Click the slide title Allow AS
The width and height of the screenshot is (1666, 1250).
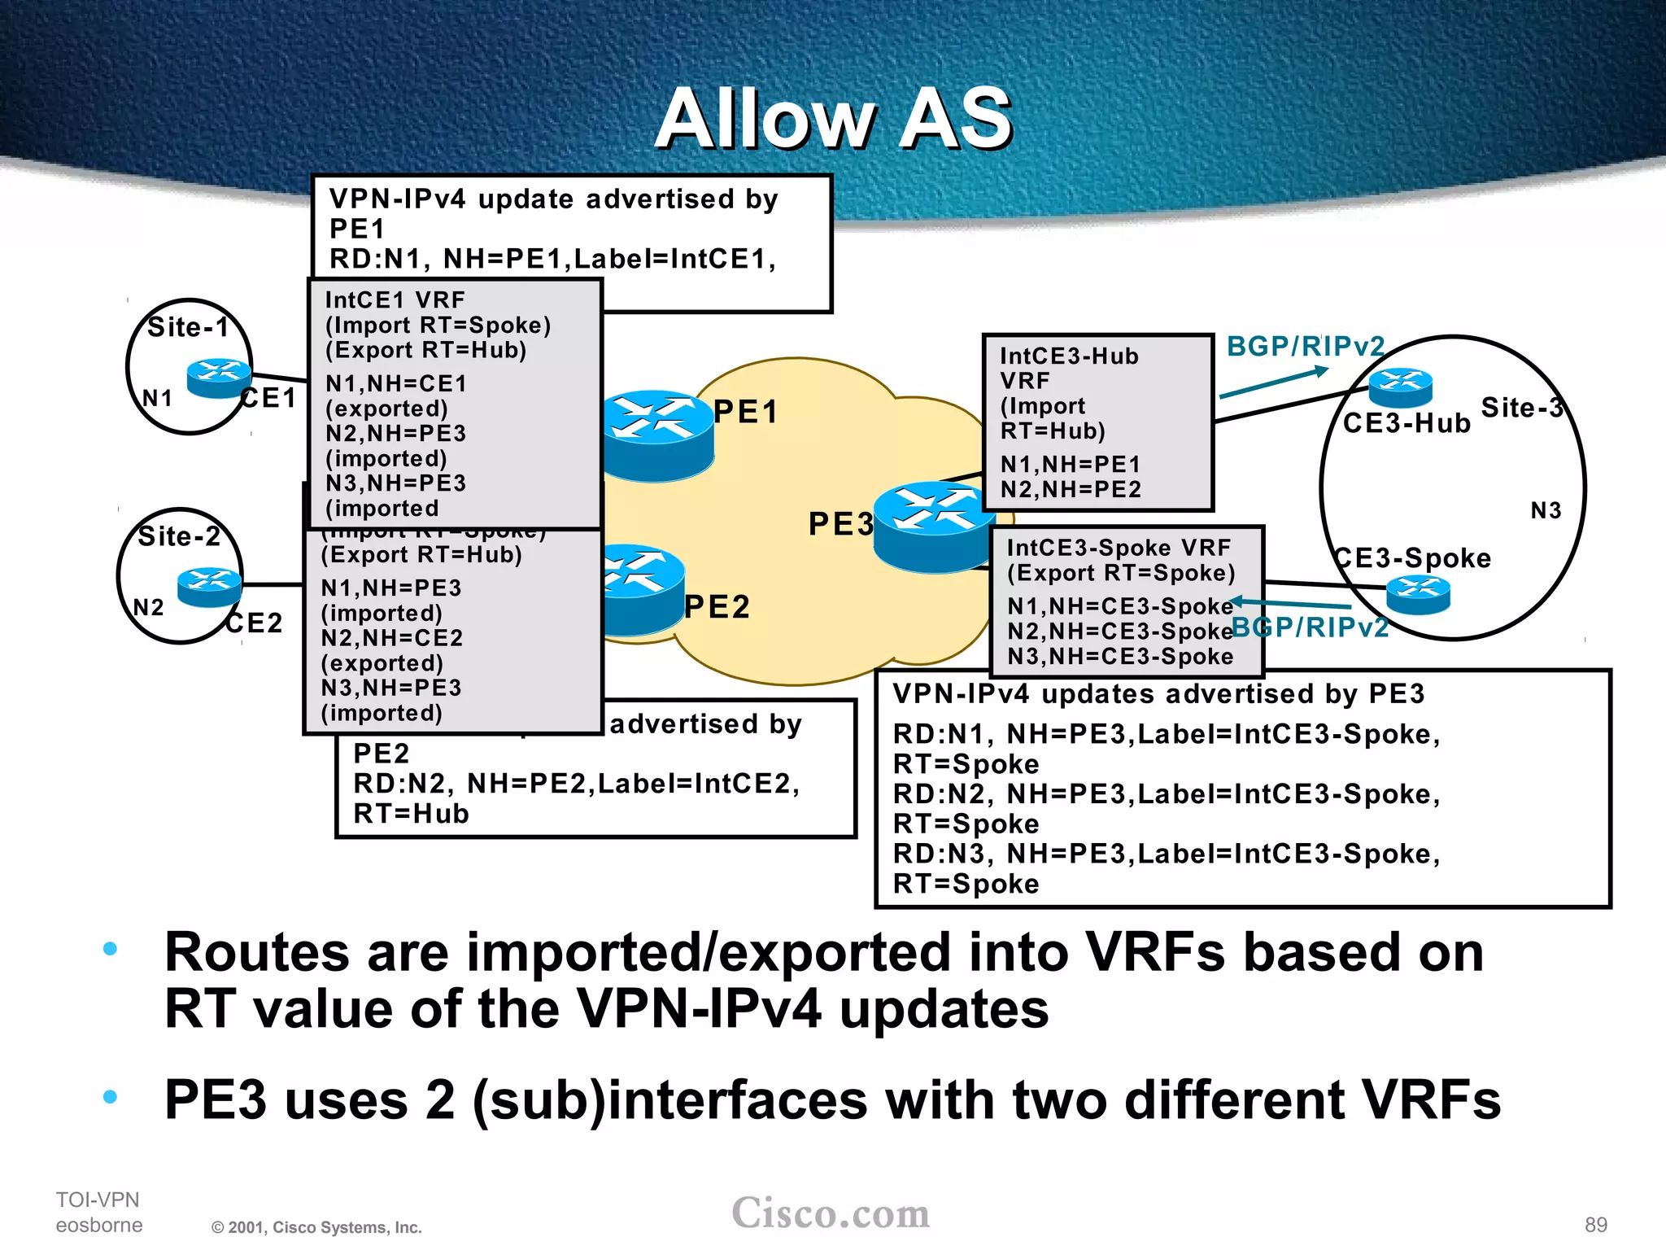pyautogui.click(x=833, y=120)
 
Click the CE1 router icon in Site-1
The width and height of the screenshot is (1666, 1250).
pyautogui.click(x=219, y=378)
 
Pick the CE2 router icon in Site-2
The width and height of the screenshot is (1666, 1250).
pyautogui.click(x=209, y=588)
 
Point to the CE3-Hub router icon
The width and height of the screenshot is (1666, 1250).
pyautogui.click(x=1400, y=387)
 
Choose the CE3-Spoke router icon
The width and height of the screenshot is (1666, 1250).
pyautogui.click(x=1418, y=595)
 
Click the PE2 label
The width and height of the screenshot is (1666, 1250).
pyautogui.click(x=717, y=607)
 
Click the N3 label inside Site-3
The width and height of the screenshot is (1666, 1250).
pyautogui.click(x=1546, y=511)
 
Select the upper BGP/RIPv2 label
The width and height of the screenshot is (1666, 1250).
pyautogui.click(x=1305, y=347)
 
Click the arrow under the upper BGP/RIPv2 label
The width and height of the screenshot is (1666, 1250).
pyautogui.click(x=1274, y=382)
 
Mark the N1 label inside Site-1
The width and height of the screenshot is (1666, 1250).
pyautogui.click(x=157, y=398)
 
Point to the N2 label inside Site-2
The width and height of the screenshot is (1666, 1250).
pyautogui.click(x=148, y=608)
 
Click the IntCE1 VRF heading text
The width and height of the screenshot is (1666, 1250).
pyautogui.click(x=395, y=300)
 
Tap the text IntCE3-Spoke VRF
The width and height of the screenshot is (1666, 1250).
pyautogui.click(x=1119, y=548)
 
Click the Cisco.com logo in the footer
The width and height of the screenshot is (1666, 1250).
pyautogui.click(x=831, y=1213)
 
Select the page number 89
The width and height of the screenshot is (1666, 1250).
pyautogui.click(x=1595, y=1225)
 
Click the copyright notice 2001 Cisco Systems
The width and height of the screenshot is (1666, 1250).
pyautogui.click(x=316, y=1227)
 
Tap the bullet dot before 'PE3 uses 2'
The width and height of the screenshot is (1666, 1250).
pyautogui.click(x=111, y=1097)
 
